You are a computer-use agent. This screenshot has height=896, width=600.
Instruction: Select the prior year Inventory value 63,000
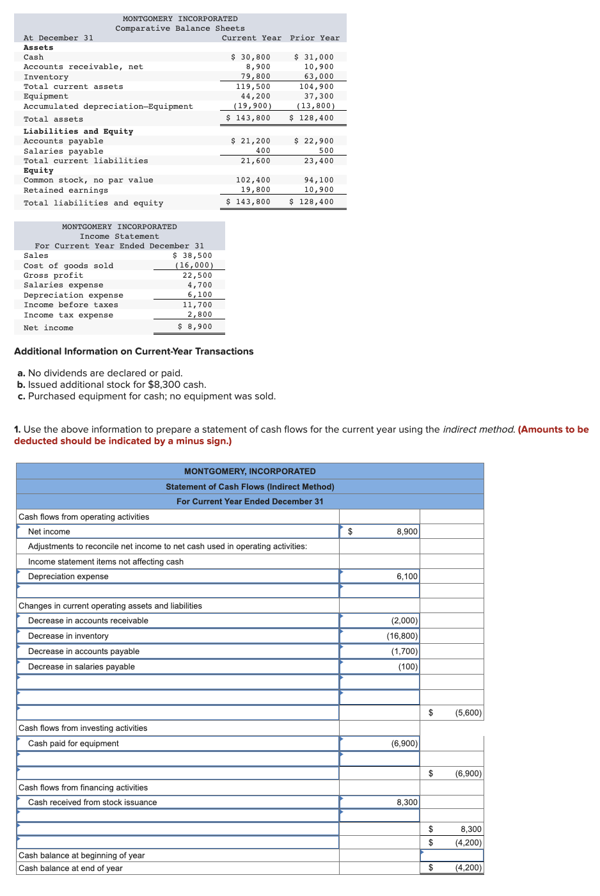pyautogui.click(x=319, y=77)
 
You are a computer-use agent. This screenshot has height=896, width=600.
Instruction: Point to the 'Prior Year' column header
pyautogui.click(x=315, y=38)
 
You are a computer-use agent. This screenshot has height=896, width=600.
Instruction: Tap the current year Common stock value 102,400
pyautogui.click(x=253, y=180)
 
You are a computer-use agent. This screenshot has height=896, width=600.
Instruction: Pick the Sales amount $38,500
pyautogui.click(x=193, y=256)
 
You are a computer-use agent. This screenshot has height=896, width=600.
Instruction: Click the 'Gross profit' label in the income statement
pyautogui.click(x=54, y=276)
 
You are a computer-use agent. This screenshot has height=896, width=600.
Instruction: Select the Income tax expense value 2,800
pyautogui.click(x=200, y=315)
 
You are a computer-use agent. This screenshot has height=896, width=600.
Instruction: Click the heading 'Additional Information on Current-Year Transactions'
pyautogui.click(x=134, y=351)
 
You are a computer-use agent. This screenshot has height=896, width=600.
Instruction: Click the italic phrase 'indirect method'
pyautogui.click(x=478, y=429)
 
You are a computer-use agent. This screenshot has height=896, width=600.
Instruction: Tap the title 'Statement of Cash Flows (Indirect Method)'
pyautogui.click(x=250, y=487)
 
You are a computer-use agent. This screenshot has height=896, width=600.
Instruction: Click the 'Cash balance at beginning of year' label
pyautogui.click(x=82, y=856)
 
